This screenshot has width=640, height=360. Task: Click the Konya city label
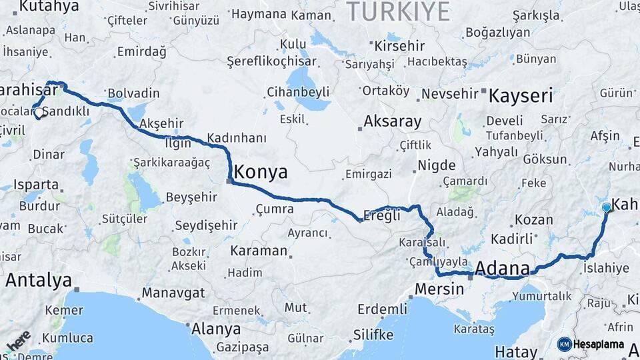click(x=261, y=172)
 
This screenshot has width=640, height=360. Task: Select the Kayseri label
click(x=521, y=95)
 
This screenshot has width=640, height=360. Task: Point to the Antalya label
click(x=38, y=280)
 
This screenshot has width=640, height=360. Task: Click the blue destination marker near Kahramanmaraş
click(x=606, y=208)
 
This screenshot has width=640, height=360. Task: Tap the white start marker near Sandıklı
click(x=39, y=113)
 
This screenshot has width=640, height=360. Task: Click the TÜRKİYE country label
click(x=398, y=11)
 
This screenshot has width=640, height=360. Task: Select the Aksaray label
click(x=392, y=122)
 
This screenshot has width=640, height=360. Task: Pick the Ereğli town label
click(x=382, y=215)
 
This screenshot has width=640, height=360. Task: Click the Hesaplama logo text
click(x=598, y=345)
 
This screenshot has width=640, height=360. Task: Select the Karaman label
click(x=259, y=251)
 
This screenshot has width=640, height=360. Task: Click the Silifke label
click(x=373, y=333)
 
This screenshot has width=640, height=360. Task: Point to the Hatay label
click(x=516, y=351)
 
